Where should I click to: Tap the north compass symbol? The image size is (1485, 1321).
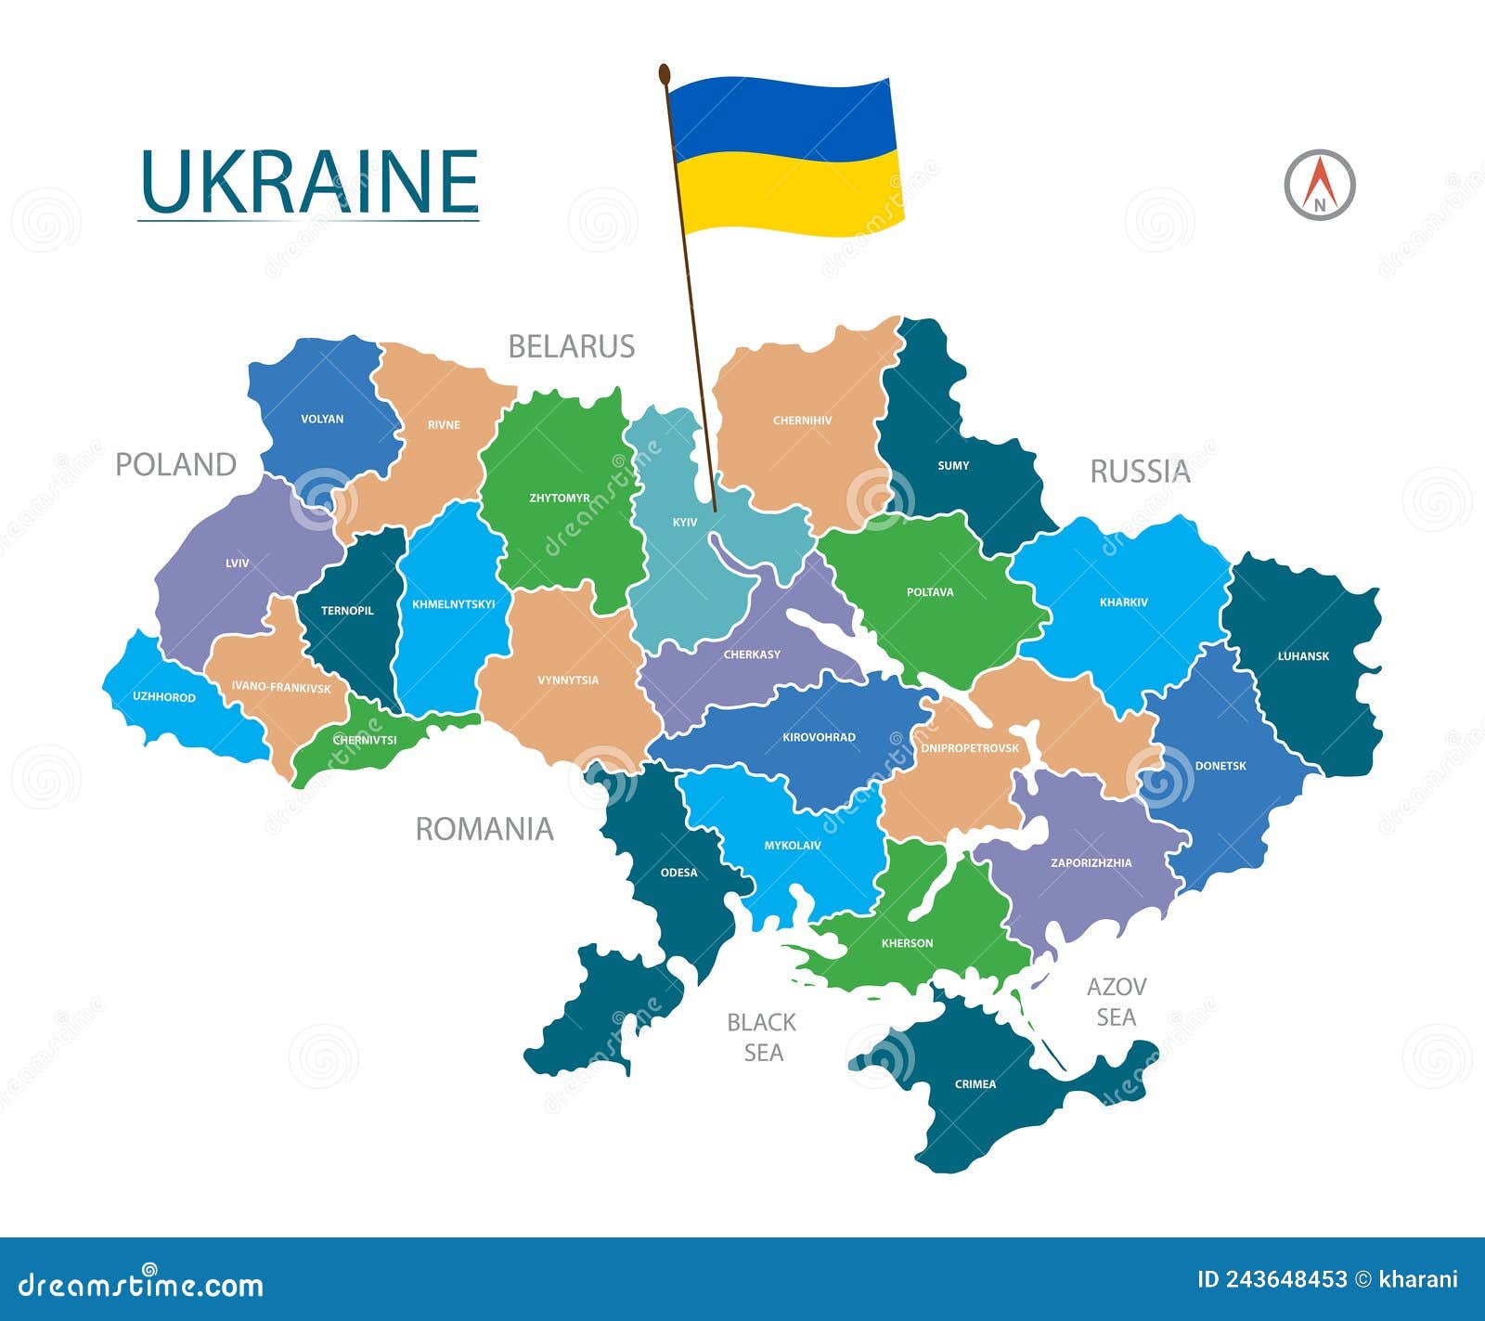(x=1319, y=184)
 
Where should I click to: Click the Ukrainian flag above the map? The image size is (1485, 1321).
(x=784, y=156)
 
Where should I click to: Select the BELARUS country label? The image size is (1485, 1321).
(x=571, y=347)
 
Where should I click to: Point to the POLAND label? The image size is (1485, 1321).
(x=175, y=464)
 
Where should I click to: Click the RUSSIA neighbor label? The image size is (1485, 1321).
(x=1140, y=472)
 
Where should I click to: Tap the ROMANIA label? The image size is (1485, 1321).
(x=484, y=829)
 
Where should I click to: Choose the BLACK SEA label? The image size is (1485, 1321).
(x=761, y=1037)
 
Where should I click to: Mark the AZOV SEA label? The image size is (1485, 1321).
(x=1116, y=1002)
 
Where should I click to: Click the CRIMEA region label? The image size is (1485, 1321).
(x=975, y=1084)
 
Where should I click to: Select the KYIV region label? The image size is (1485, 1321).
(x=685, y=523)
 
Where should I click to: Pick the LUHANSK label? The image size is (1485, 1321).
(x=1303, y=656)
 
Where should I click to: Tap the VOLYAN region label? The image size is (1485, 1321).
(x=322, y=419)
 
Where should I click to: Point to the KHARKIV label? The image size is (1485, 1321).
(x=1123, y=602)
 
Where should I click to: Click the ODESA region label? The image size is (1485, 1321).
(x=678, y=873)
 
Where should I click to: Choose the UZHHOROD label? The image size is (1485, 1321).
(x=164, y=697)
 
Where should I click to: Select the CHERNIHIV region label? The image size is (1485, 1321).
(x=803, y=421)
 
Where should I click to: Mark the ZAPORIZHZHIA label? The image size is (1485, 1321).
(x=1091, y=863)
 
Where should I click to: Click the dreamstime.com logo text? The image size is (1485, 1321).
(x=141, y=1285)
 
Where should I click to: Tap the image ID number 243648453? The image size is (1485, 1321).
(x=1286, y=1279)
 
